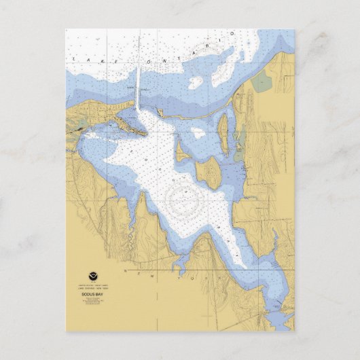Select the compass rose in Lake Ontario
(219, 58)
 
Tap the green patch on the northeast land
(261, 82)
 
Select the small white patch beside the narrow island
(198, 133)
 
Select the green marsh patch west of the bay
(82, 125)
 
